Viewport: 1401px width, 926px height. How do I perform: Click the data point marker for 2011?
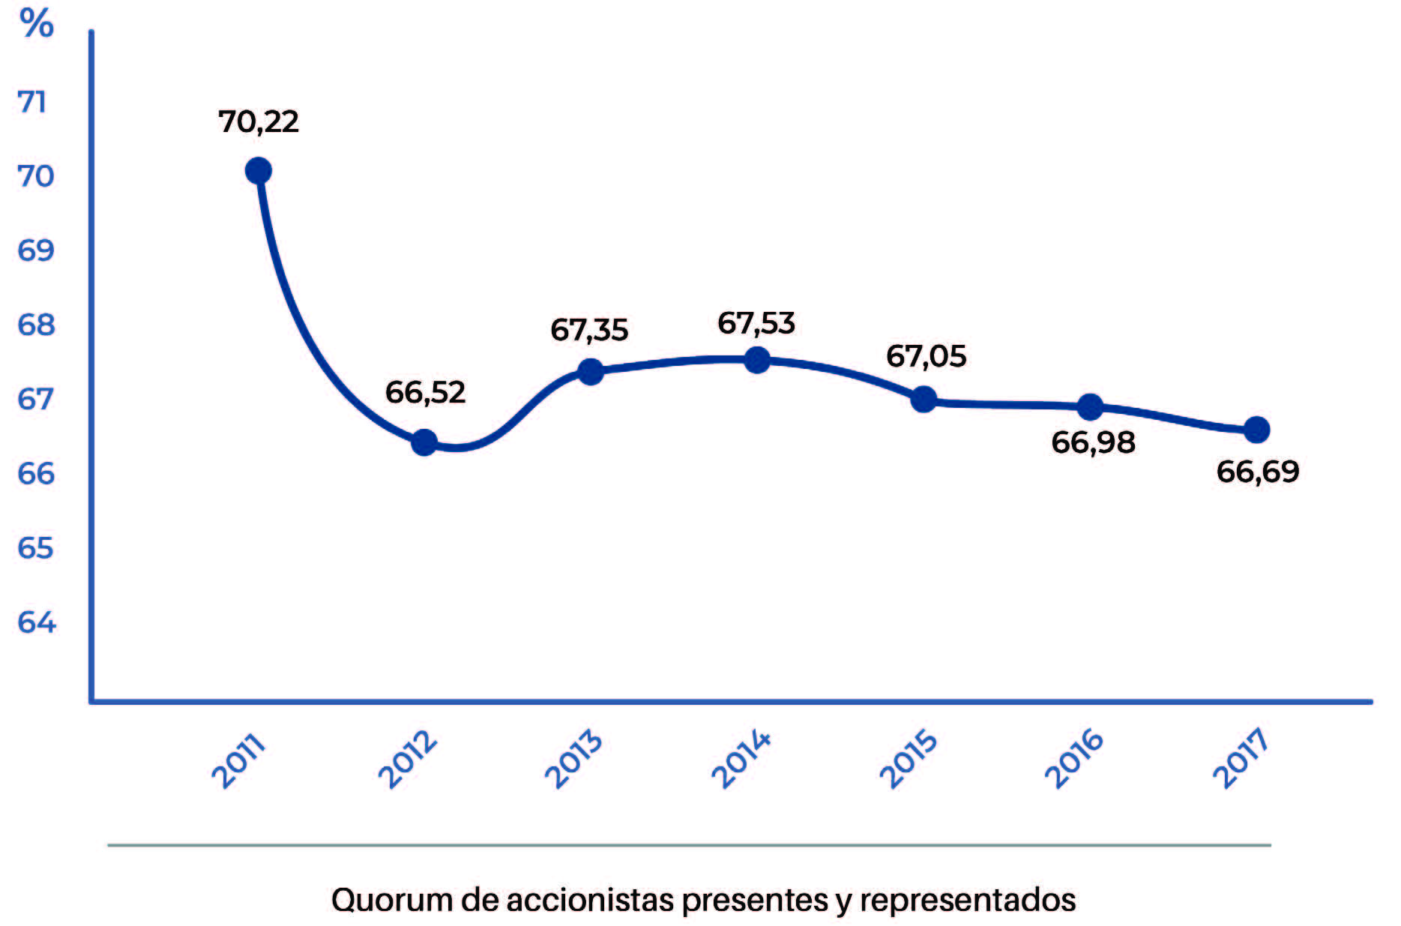(x=258, y=171)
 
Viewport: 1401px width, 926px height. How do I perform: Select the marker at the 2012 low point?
(x=424, y=442)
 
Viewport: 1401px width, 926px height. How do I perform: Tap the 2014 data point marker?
(x=757, y=360)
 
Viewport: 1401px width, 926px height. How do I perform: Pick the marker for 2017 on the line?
(x=1256, y=430)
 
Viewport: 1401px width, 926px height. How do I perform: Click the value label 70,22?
(x=259, y=121)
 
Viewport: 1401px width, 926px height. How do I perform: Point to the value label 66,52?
(x=425, y=392)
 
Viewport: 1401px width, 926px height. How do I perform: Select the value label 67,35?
(x=589, y=330)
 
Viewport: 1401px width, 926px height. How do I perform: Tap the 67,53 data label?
(x=756, y=323)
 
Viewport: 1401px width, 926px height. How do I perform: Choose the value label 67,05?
(x=926, y=356)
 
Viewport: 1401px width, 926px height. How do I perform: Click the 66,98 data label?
(x=1093, y=442)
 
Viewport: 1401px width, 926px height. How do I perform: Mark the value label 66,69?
(x=1257, y=472)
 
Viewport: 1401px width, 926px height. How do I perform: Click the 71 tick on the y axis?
(x=32, y=102)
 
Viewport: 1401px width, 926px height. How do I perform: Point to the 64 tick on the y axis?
(x=36, y=622)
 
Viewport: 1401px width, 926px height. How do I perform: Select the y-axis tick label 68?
(x=36, y=325)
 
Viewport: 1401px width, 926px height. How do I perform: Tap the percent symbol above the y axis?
(x=37, y=23)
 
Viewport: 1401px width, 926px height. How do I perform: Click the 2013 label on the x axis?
(x=573, y=759)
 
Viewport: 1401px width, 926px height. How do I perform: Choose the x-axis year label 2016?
(x=1073, y=759)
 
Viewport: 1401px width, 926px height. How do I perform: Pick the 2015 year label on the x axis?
(x=907, y=759)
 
